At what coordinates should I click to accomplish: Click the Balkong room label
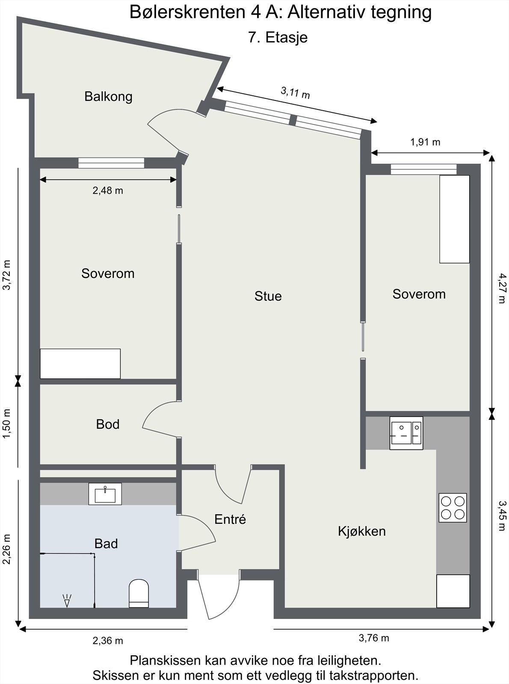pos(108,97)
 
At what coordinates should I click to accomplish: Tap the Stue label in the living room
pos(268,296)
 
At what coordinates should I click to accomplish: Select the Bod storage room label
pos(108,425)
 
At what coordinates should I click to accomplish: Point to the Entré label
pos(230,519)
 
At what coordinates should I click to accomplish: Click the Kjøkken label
pos(362,531)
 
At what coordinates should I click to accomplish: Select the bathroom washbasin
pos(105,494)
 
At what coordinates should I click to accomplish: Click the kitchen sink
pos(406,433)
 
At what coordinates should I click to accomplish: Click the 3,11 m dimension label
pos(296,92)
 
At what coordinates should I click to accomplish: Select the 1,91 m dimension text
pos(425,142)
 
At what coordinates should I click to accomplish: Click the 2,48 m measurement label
pos(108,191)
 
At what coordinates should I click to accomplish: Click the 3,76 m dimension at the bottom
pos(374,638)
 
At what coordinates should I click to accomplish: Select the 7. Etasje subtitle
pos(278,38)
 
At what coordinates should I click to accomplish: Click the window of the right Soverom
pos(423,169)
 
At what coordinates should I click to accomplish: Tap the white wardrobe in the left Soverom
pos(80,363)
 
